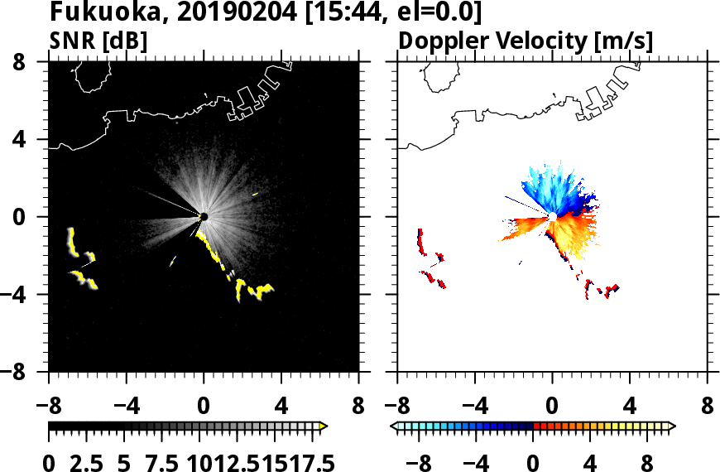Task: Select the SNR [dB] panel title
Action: (x=98, y=41)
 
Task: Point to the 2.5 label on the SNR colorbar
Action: (x=86, y=462)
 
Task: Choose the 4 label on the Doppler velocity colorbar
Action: (x=590, y=462)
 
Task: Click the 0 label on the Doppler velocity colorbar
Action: (x=533, y=462)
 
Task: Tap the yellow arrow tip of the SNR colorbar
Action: (x=324, y=426)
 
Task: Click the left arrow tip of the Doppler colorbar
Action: (x=394, y=426)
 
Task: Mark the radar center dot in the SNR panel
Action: (x=203, y=217)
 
